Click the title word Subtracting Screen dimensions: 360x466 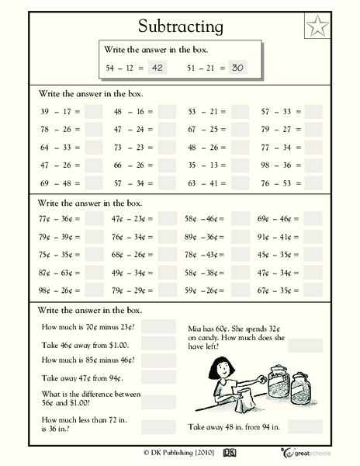[179, 26]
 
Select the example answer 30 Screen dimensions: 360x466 [237, 68]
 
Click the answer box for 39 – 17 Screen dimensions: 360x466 [93, 112]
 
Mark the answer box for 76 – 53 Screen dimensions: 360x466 [313, 183]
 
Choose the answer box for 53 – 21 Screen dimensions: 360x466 [239, 112]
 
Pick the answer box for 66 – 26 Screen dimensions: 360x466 [165, 165]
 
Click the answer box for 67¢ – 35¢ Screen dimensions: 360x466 [313, 292]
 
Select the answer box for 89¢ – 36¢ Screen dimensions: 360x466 [239, 238]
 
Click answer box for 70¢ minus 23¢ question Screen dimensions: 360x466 [159, 327]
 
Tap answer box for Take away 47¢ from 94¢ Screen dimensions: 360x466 [159, 378]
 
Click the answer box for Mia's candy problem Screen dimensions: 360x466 [304, 345]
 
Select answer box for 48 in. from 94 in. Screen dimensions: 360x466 [304, 426]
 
